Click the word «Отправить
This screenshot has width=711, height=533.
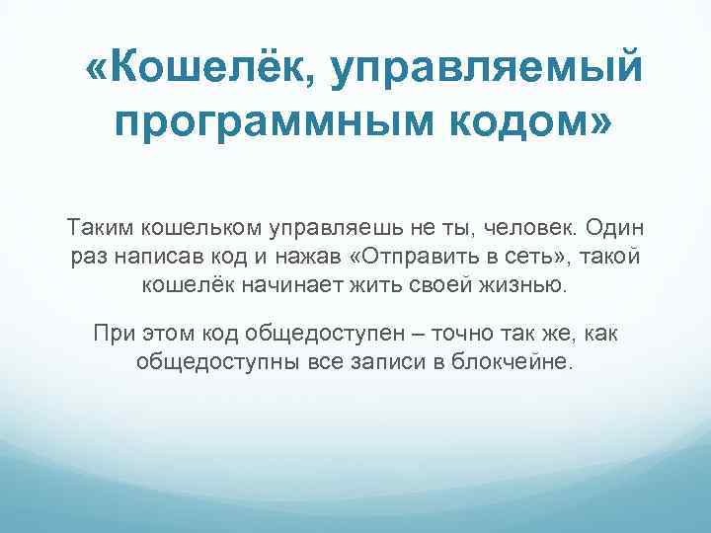pyautogui.click(x=413, y=258)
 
